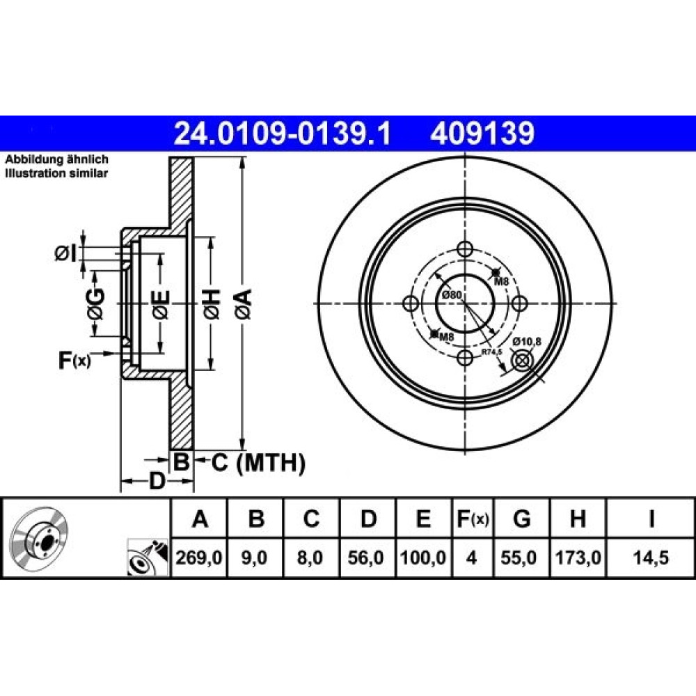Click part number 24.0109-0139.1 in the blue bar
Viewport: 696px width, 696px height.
(x=283, y=134)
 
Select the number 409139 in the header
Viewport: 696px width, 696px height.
(x=482, y=134)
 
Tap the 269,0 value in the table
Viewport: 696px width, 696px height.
(x=199, y=557)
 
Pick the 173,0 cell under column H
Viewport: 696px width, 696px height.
(x=578, y=557)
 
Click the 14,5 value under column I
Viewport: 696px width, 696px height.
(x=651, y=557)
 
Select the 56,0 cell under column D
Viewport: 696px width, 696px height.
(x=366, y=557)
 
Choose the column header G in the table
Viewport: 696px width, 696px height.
(x=521, y=519)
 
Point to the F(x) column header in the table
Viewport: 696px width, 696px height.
(x=473, y=519)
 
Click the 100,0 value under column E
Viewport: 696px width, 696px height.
(x=423, y=557)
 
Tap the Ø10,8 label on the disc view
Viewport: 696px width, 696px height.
(x=527, y=341)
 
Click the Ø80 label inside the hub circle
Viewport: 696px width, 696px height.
(x=452, y=294)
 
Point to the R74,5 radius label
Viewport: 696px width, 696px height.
(x=492, y=352)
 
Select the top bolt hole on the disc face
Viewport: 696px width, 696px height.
(x=465, y=248)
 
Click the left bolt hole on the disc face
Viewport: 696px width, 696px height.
(x=411, y=303)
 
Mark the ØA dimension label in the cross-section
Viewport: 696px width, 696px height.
(x=244, y=303)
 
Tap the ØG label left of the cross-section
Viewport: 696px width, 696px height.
(x=96, y=304)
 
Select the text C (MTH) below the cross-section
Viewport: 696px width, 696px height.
(x=258, y=463)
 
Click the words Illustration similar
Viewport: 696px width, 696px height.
(x=56, y=173)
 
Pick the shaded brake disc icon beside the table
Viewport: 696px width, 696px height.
(x=38, y=535)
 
